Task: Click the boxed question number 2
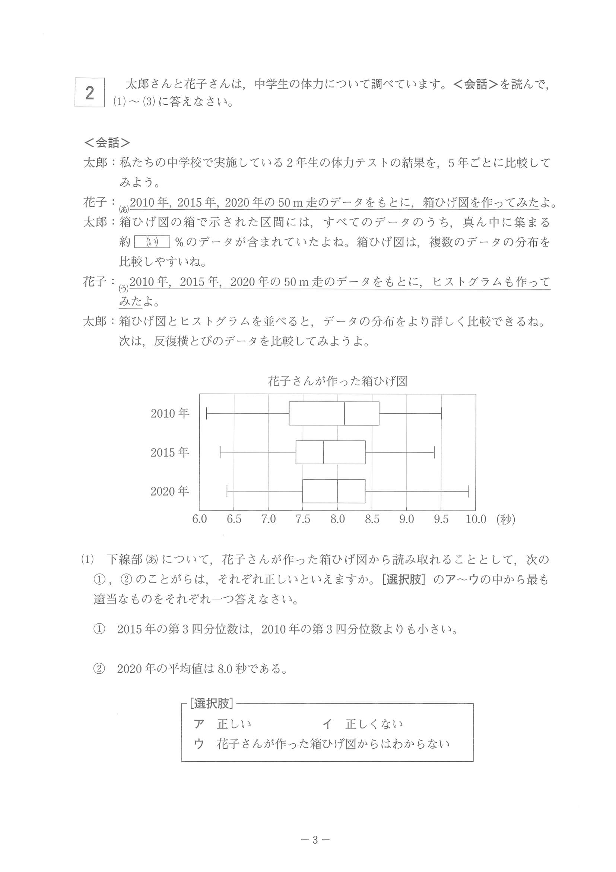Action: pyautogui.click(x=90, y=93)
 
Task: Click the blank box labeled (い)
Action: pyautogui.click(x=152, y=242)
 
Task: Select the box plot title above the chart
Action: pyautogui.click(x=337, y=381)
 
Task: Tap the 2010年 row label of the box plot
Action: pyautogui.click(x=170, y=413)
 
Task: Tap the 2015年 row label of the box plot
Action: pyautogui.click(x=170, y=452)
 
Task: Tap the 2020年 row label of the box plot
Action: pyautogui.click(x=170, y=492)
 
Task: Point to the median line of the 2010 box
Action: pyautogui.click(x=344, y=413)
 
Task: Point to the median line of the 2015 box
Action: pyautogui.click(x=323, y=452)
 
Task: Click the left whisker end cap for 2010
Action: pyautogui.click(x=206, y=413)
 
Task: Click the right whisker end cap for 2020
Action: pyautogui.click(x=469, y=491)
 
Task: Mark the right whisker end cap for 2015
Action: pyautogui.click(x=434, y=452)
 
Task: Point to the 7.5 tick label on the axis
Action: pyautogui.click(x=303, y=519)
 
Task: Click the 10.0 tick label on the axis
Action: pyautogui.click(x=476, y=519)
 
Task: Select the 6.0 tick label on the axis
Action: pyautogui.click(x=200, y=519)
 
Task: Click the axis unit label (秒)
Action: pyautogui.click(x=506, y=519)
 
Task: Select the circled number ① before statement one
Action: pyautogui.click(x=99, y=629)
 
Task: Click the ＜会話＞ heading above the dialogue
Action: pyautogui.click(x=107, y=143)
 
